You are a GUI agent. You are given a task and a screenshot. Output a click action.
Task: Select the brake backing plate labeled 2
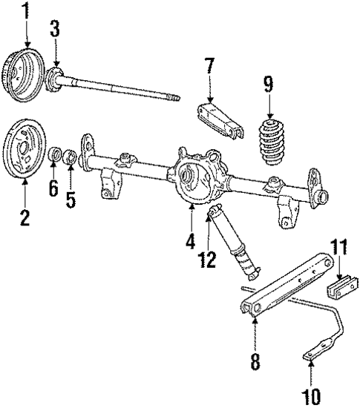point(25,152)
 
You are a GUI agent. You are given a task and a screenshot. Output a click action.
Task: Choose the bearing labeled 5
point(68,157)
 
